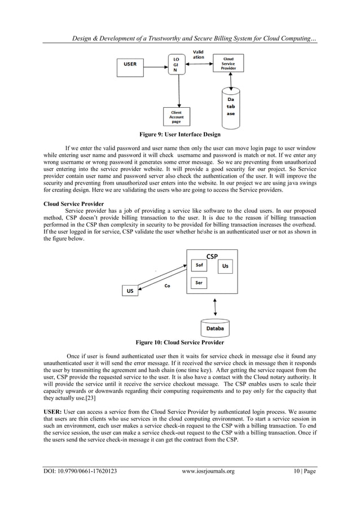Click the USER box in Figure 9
[130, 64]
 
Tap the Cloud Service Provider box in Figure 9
[229, 64]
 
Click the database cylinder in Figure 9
[230, 105]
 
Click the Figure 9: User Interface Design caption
[180, 135]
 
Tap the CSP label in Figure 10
[212, 256]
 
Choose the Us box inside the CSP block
[225, 265]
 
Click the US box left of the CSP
[130, 291]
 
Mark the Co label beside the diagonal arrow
[168, 286]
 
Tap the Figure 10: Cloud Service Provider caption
[180, 343]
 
